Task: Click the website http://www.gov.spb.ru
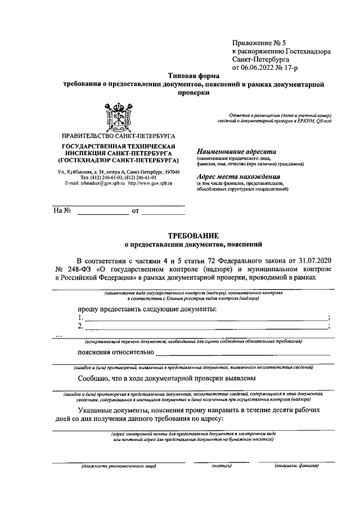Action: coord(150,183)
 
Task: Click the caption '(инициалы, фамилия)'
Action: coord(296,466)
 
